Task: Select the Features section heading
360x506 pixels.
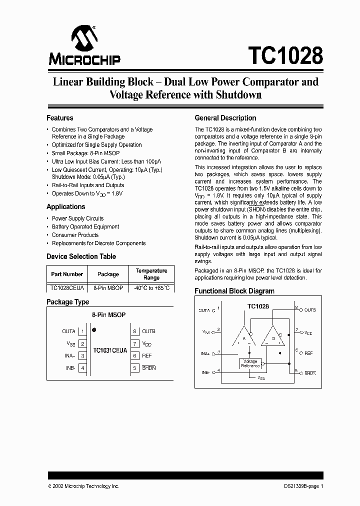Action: [60, 118]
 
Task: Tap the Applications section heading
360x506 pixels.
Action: [65, 206]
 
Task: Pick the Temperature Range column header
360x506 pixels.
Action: [151, 274]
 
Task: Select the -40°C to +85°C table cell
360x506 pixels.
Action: [151, 288]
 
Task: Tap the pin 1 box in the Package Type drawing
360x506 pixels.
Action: [82, 331]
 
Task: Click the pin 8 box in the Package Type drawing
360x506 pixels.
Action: [134, 331]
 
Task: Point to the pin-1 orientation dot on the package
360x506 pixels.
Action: [94, 330]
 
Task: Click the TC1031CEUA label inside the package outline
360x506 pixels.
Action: [109, 351]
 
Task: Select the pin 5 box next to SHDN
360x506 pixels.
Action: [134, 368]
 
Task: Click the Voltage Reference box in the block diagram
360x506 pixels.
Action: [249, 363]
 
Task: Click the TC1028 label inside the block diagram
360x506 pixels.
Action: [258, 305]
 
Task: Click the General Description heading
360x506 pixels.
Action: [225, 118]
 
